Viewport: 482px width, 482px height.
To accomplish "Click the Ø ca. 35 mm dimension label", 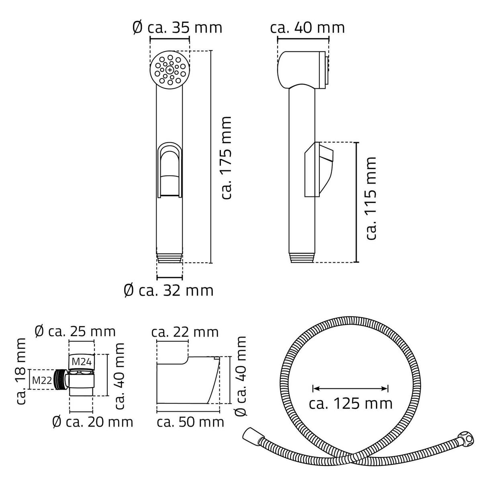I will (x=177, y=28).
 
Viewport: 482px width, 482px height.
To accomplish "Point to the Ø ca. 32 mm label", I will (x=168, y=290).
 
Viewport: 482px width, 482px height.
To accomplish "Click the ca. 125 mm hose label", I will (x=351, y=403).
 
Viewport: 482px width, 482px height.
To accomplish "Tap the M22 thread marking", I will (x=41, y=380).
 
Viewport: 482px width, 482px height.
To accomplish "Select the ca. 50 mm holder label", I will (x=190, y=422).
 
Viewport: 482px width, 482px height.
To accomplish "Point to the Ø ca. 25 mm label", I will (x=75, y=331).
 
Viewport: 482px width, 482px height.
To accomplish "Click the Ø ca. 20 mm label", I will (x=92, y=422).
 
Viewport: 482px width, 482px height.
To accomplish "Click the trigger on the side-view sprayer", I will (x=319, y=169).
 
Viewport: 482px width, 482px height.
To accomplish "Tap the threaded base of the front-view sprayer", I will (x=170, y=257).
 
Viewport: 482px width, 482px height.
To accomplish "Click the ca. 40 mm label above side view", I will (x=307, y=28).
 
